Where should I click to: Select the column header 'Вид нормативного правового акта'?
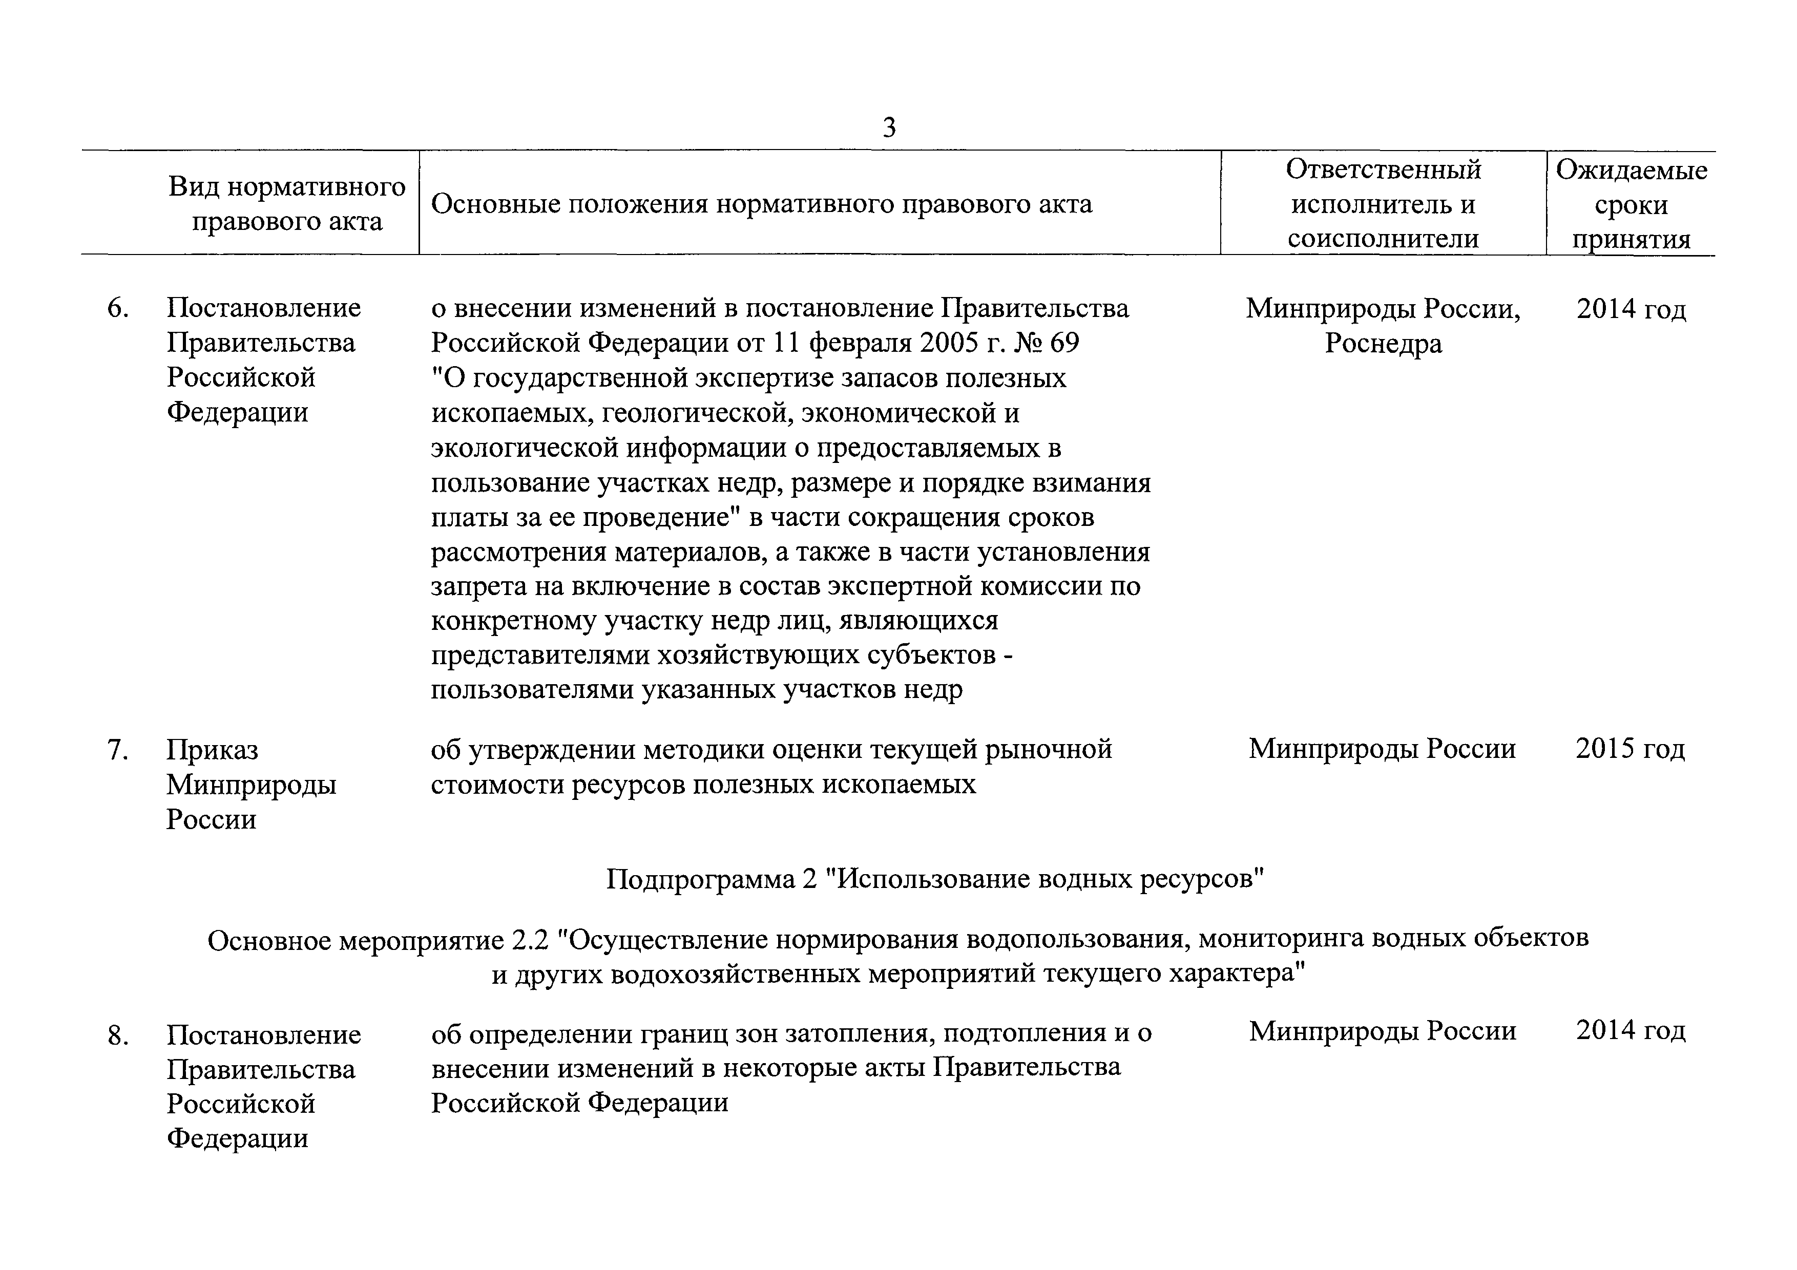point(287,203)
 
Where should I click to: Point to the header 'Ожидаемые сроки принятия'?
point(1631,204)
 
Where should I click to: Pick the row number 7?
point(117,750)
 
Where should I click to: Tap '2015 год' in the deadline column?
point(1631,749)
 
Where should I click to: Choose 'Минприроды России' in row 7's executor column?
point(1382,749)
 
